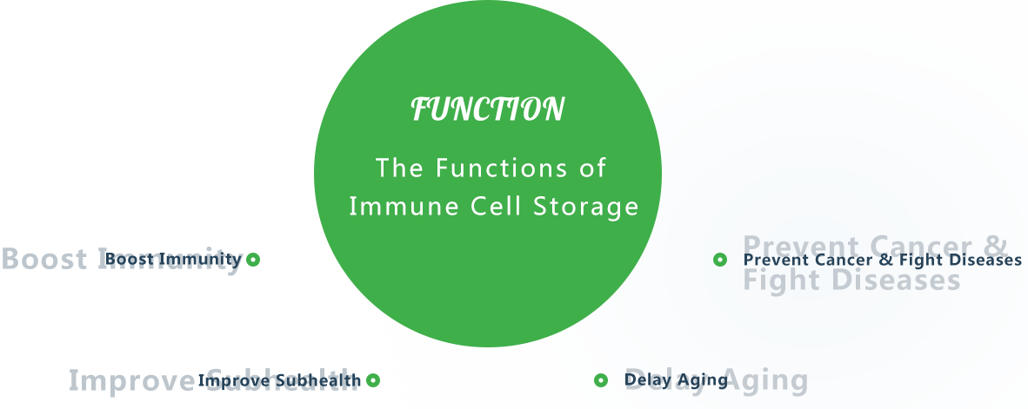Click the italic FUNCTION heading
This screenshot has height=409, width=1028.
tap(488, 109)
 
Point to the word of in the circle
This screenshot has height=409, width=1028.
tap(592, 168)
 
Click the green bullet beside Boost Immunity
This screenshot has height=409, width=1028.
tap(253, 260)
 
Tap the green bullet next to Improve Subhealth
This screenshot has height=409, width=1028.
tap(373, 380)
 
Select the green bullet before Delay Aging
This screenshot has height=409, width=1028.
tap(601, 380)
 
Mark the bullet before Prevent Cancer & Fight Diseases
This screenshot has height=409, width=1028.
tap(720, 260)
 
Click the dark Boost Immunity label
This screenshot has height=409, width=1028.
tap(173, 260)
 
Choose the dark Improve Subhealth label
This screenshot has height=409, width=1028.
tap(279, 380)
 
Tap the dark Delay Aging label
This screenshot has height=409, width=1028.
tap(676, 380)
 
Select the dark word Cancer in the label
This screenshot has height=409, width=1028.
tap(843, 260)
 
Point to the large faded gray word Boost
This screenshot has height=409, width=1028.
tap(44, 259)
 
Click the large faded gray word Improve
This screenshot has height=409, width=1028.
tap(133, 381)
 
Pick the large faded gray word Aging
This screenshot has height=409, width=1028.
tap(764, 381)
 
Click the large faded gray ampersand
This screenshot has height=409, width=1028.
tap(995, 247)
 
